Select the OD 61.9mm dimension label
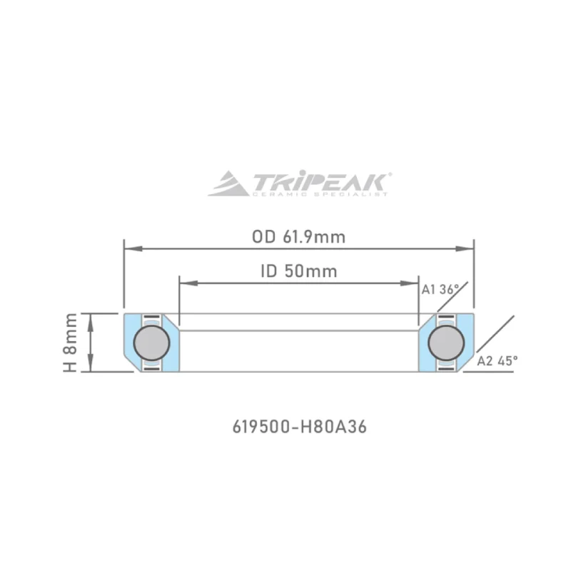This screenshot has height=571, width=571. (x=298, y=237)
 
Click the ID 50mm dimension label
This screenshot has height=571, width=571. (x=298, y=271)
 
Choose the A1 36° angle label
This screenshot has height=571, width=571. (x=438, y=290)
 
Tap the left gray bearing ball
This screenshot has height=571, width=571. (x=151, y=343)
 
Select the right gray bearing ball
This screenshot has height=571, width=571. (x=447, y=343)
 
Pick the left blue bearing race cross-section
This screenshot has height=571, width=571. (x=129, y=343)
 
